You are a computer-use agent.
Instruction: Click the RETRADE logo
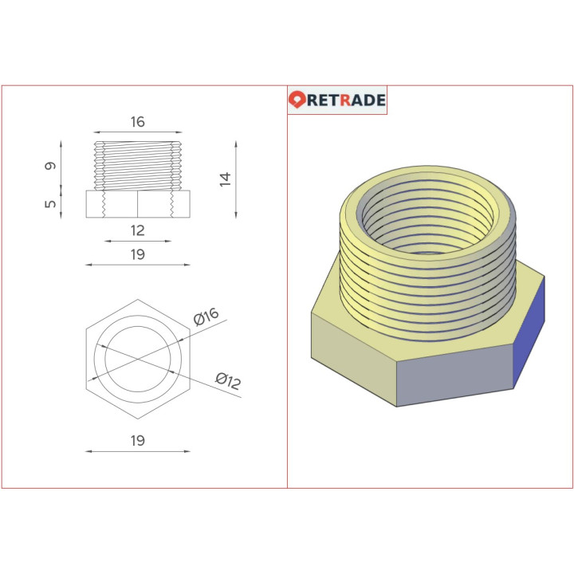point(337,100)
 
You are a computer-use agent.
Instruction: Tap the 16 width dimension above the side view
point(137,122)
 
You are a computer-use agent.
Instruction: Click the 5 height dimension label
point(50,204)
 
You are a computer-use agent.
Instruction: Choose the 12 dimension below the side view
point(137,230)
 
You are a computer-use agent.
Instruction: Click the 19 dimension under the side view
point(137,254)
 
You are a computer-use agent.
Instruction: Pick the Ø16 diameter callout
point(206,316)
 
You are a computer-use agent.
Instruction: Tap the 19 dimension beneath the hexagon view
point(137,440)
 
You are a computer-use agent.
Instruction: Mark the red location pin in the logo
point(297,100)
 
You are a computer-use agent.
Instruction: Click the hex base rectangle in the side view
point(137,204)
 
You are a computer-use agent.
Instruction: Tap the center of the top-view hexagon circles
point(137,359)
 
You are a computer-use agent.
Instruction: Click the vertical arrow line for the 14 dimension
point(237,179)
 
